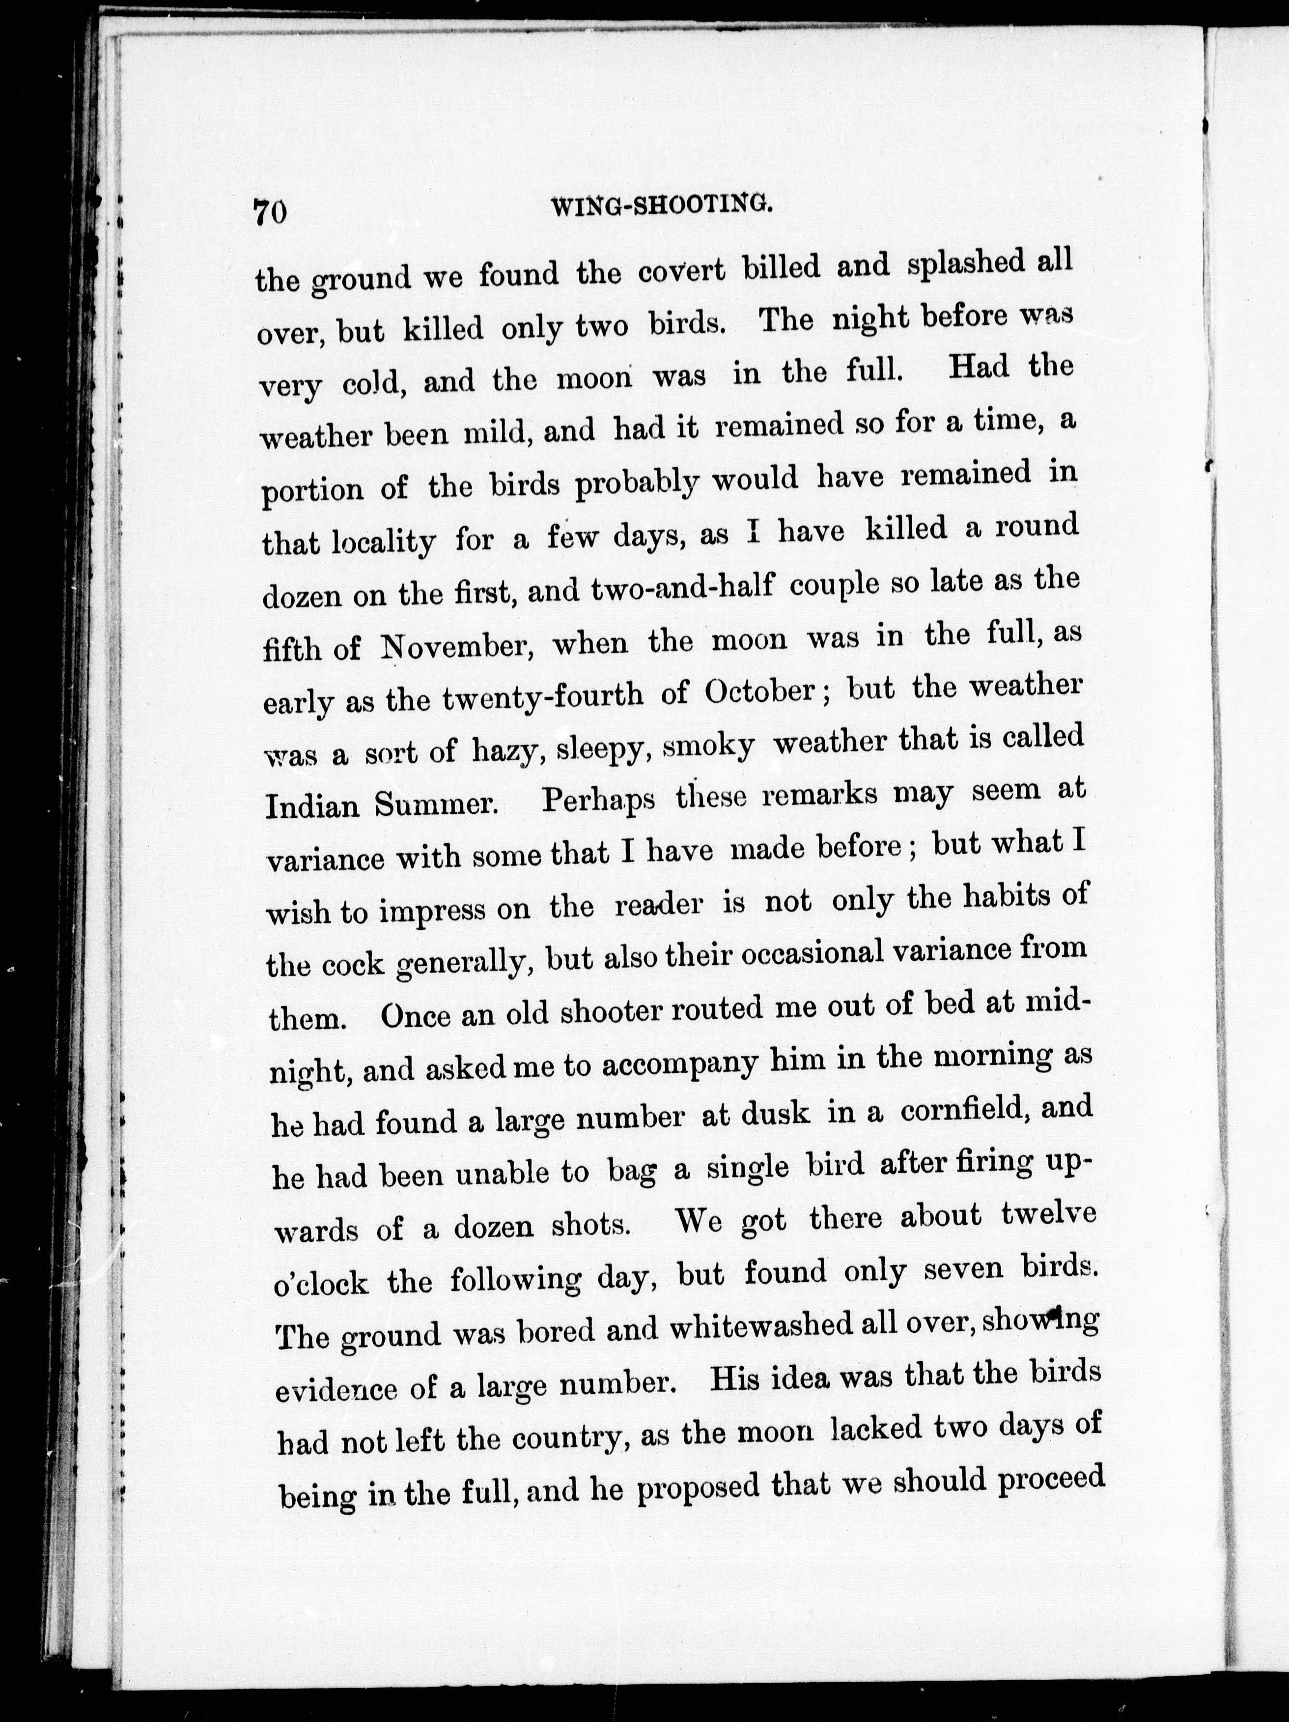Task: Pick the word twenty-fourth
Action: (542, 697)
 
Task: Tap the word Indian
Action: (311, 806)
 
